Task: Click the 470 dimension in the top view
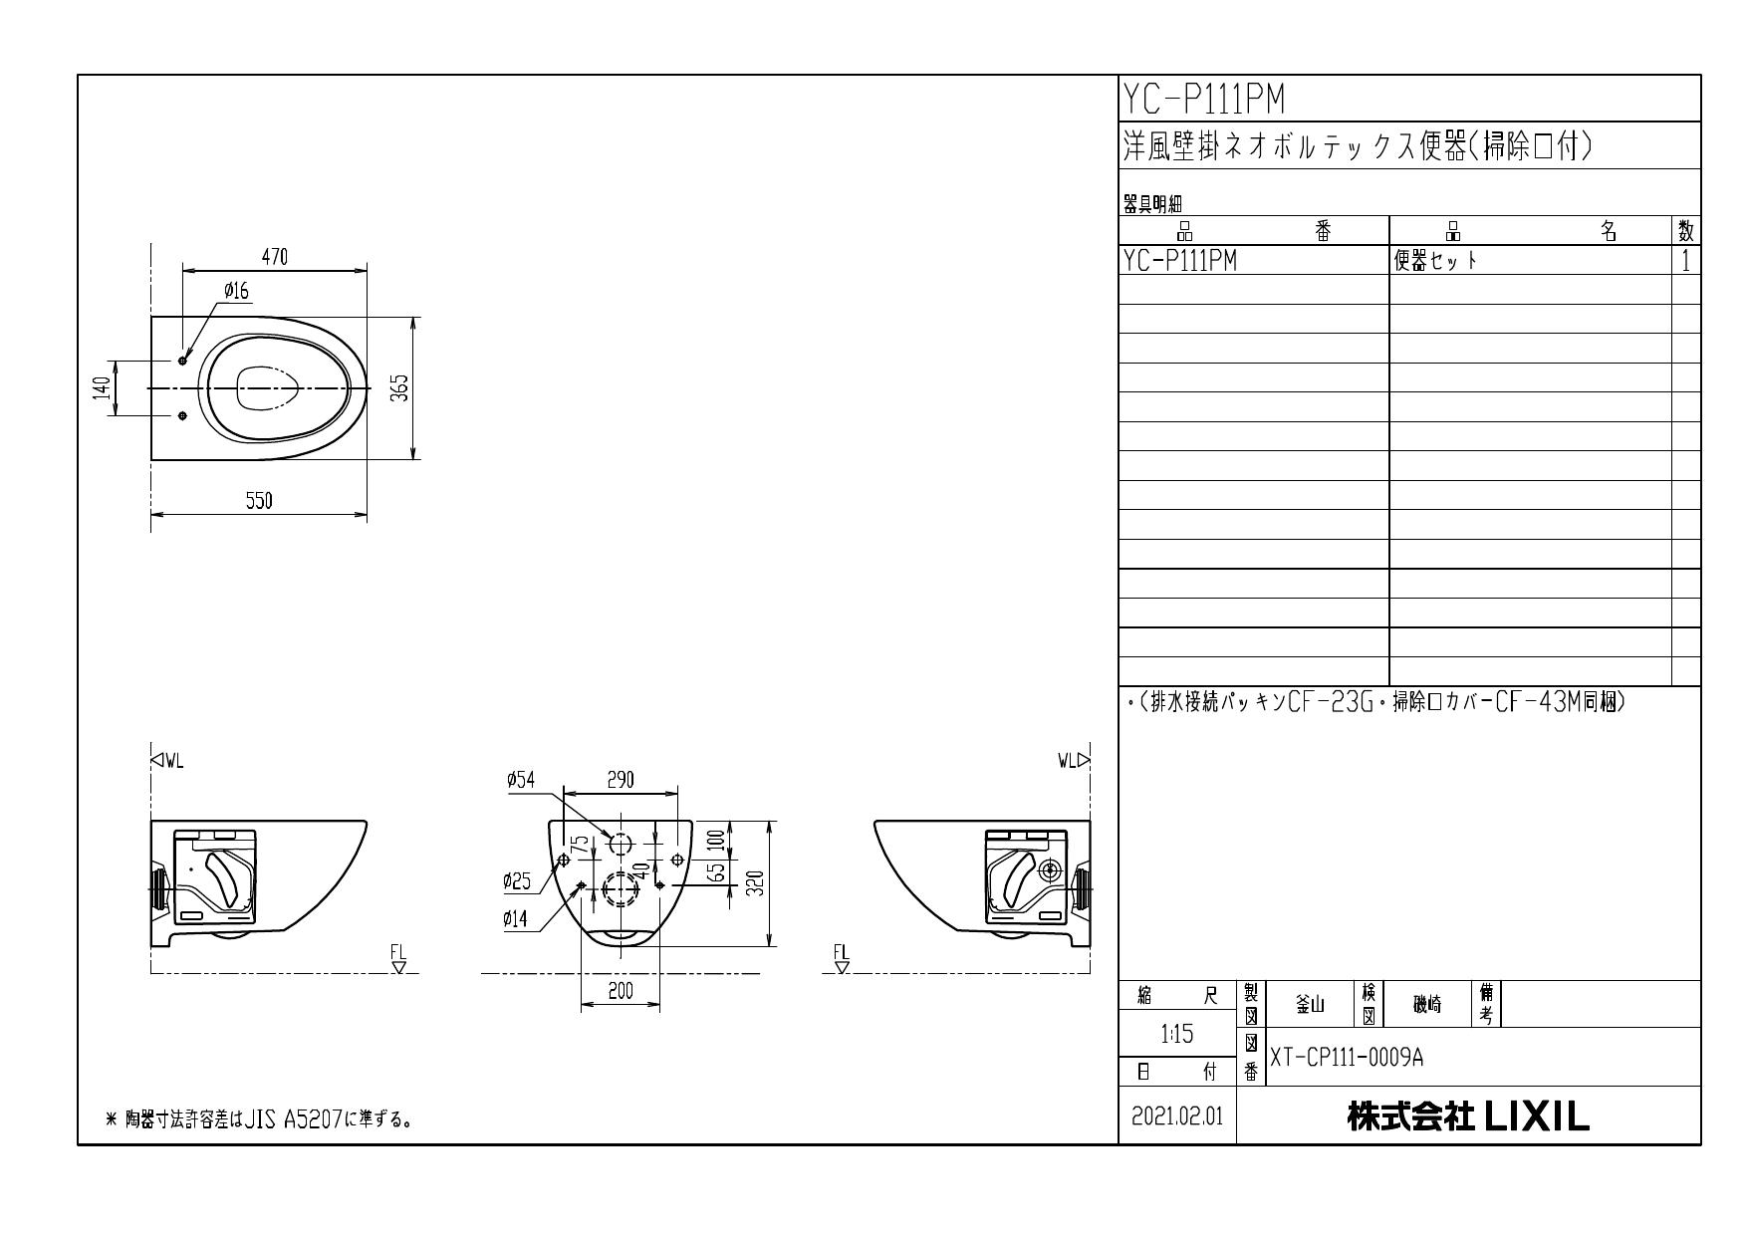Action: [x=275, y=257]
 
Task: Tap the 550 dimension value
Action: [x=259, y=501]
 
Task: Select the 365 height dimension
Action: [x=398, y=388]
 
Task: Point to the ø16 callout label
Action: [x=236, y=291]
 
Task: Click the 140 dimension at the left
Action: [x=101, y=388]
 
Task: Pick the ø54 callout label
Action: [x=520, y=780]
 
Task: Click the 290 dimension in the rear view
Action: [x=621, y=780]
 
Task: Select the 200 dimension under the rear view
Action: [x=621, y=991]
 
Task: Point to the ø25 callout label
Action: [x=517, y=880]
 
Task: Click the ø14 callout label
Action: [x=516, y=919]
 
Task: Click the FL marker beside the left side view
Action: [x=398, y=956]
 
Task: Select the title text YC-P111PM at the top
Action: [x=1204, y=99]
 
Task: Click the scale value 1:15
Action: [x=1177, y=1035]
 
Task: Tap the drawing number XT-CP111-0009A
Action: [x=1347, y=1058]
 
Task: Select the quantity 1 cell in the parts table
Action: [x=1685, y=261]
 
